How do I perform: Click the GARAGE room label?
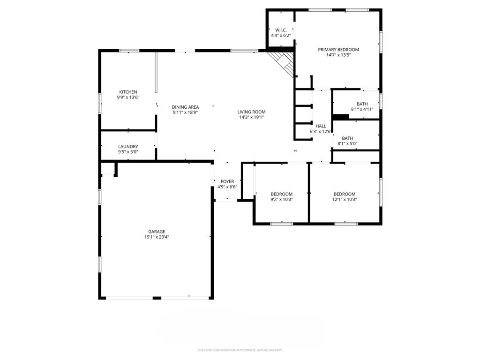(157, 232)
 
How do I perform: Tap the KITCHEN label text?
(128, 92)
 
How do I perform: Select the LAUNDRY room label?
(128, 147)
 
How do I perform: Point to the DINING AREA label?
(185, 107)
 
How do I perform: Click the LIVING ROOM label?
(251, 112)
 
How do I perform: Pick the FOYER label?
(227, 181)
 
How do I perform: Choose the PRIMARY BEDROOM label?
(338, 50)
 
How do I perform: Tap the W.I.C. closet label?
(281, 30)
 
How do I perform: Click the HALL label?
(321, 126)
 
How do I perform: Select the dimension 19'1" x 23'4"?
(157, 237)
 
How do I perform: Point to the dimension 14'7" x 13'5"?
(338, 55)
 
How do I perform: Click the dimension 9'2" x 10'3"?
(282, 200)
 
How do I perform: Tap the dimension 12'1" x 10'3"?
(345, 200)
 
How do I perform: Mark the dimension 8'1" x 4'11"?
(362, 109)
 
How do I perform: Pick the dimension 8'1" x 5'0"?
(347, 144)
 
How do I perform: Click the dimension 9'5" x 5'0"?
(128, 152)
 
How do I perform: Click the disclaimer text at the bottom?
(240, 350)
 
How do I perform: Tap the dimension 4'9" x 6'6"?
(227, 187)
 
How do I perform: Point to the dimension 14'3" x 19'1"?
(251, 117)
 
